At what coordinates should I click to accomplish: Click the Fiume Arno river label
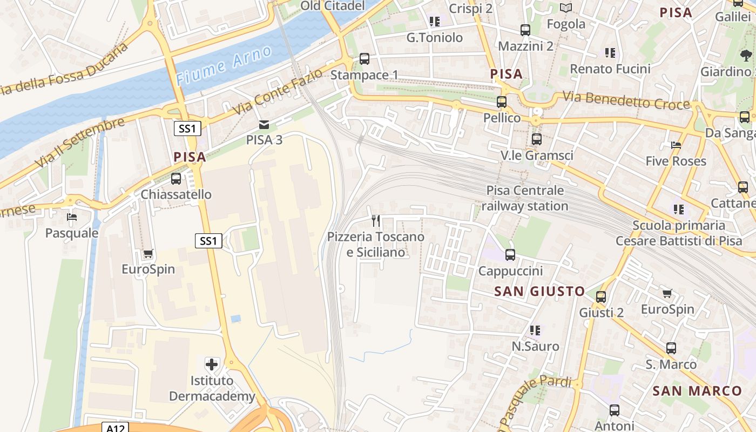[x=224, y=66]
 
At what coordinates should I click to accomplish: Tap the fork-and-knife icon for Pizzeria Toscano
[x=376, y=220]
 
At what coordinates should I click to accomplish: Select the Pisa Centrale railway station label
[x=525, y=198]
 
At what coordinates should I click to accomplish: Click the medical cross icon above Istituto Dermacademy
[x=212, y=364]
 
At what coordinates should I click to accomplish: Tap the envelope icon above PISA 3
[x=264, y=124]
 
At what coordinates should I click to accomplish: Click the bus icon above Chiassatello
[x=176, y=179]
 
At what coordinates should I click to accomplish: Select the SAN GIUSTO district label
[x=539, y=292]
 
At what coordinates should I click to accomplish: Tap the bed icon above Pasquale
[x=72, y=217]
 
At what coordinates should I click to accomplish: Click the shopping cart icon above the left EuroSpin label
[x=148, y=253]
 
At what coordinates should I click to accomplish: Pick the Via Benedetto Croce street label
[x=626, y=100]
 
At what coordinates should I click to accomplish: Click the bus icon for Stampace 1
[x=364, y=58]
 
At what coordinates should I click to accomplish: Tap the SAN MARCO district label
[x=697, y=391]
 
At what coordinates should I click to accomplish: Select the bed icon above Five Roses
[x=676, y=145]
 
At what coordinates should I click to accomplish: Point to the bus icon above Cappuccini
[x=510, y=254]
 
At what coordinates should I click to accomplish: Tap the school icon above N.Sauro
[x=535, y=330]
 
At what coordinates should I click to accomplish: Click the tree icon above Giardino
[x=746, y=55]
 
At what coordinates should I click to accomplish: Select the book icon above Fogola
[x=566, y=8]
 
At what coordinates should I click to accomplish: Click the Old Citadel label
[x=333, y=6]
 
